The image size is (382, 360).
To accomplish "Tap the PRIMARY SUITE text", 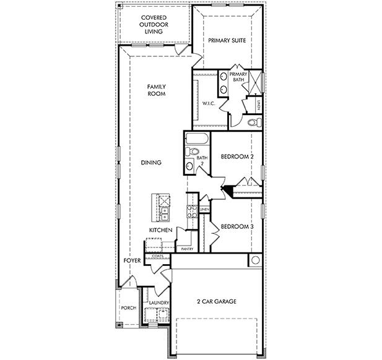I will pos(227,41).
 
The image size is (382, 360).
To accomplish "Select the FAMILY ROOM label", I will pos(156,90).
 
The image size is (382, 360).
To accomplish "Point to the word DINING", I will pos(151,163).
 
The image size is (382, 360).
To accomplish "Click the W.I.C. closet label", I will pos(208,103).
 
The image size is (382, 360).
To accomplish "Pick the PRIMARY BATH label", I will pos(238,77).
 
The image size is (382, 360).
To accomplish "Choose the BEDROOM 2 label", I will pos(237,157).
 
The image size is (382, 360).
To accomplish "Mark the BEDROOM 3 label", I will pos(237,226).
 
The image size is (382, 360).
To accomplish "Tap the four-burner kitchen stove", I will pos(165,200).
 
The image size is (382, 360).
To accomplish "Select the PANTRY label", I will pos(187,249).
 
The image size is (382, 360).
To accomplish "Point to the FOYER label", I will pos(131,261).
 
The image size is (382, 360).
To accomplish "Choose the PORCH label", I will pos(128,307).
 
